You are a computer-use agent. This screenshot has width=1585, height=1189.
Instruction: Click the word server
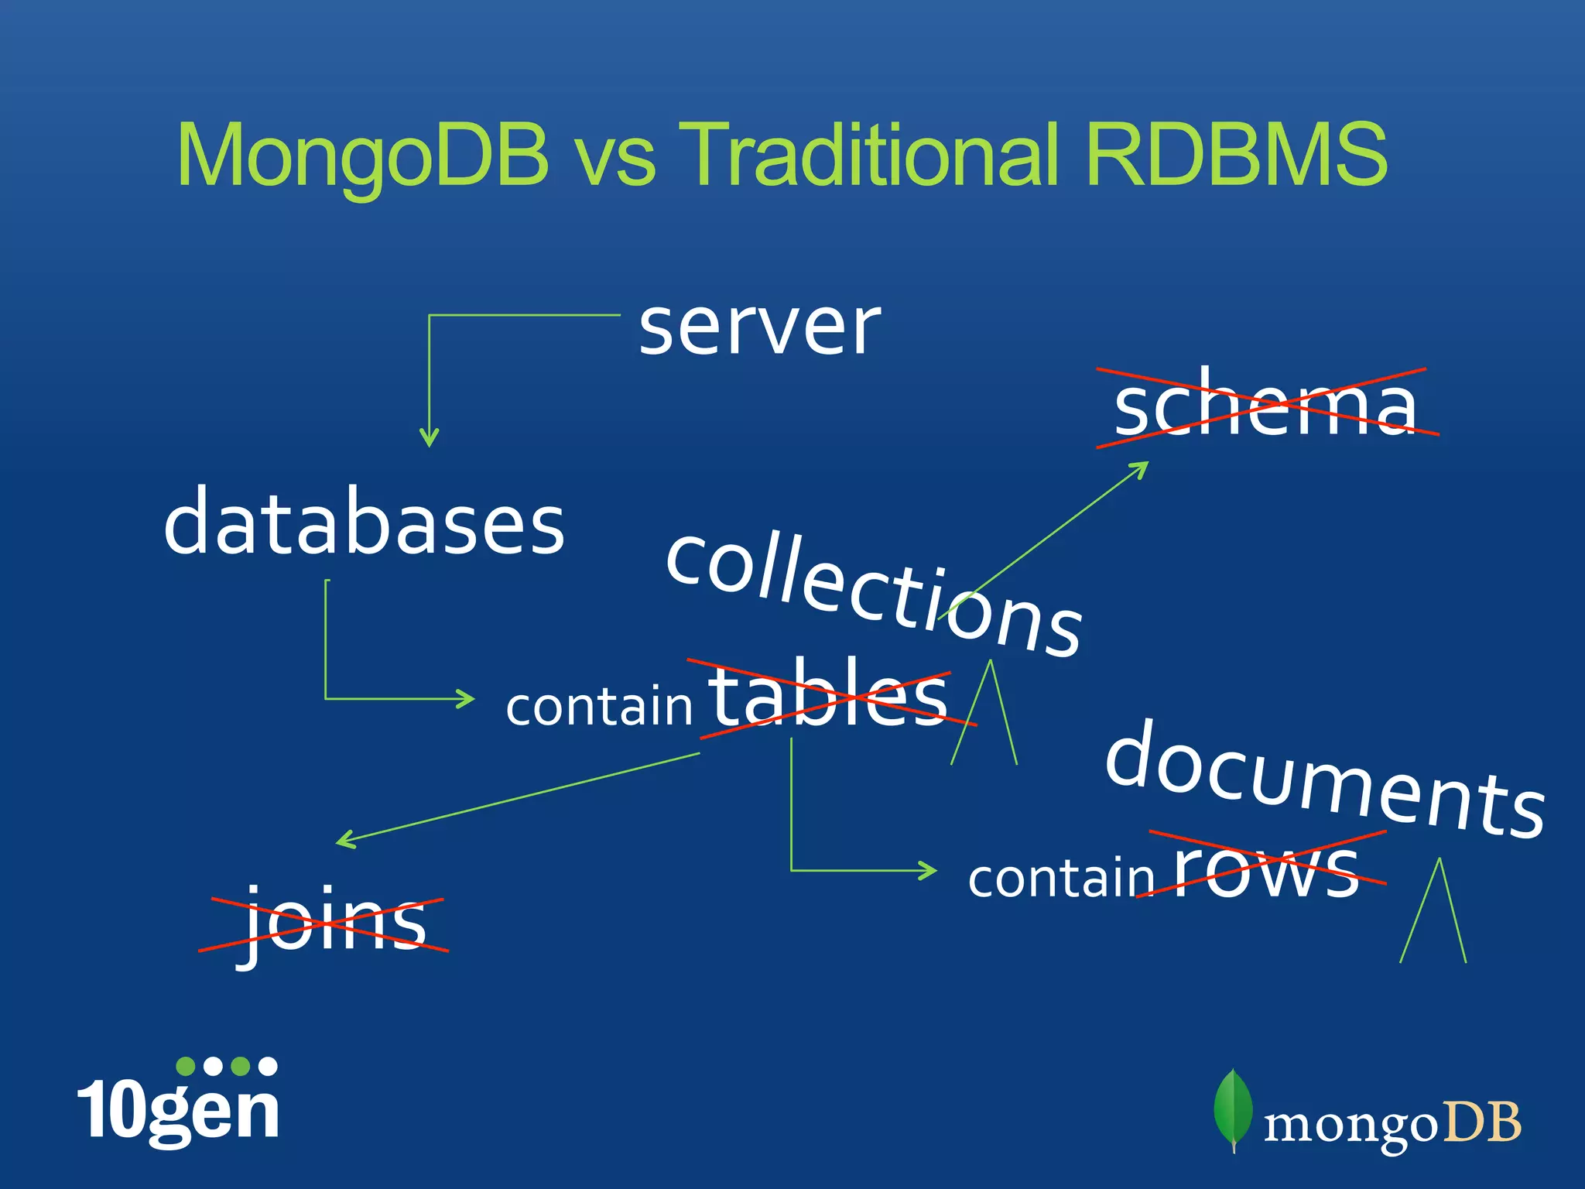[x=759, y=328]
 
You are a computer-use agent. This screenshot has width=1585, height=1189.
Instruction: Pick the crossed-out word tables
[x=829, y=694]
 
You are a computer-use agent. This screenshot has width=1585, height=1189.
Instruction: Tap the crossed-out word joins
[x=333, y=923]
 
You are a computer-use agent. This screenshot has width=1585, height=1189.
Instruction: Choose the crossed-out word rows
[x=1267, y=869]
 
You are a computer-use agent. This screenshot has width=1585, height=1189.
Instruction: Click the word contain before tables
[x=599, y=706]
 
